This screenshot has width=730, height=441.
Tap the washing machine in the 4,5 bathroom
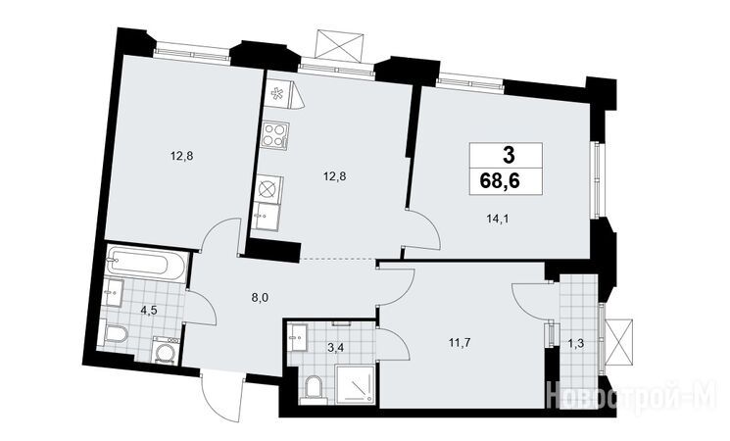(x=166, y=350)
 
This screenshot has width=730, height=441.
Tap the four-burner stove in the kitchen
(x=274, y=134)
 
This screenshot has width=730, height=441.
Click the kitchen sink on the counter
(x=266, y=216)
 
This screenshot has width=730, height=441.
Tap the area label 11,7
(x=460, y=343)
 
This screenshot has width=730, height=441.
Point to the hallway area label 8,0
(x=260, y=298)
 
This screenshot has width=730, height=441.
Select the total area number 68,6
(x=500, y=180)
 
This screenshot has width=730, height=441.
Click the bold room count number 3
(x=510, y=155)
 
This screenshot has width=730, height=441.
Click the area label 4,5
(x=149, y=311)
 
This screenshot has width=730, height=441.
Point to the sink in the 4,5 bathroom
(x=113, y=292)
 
